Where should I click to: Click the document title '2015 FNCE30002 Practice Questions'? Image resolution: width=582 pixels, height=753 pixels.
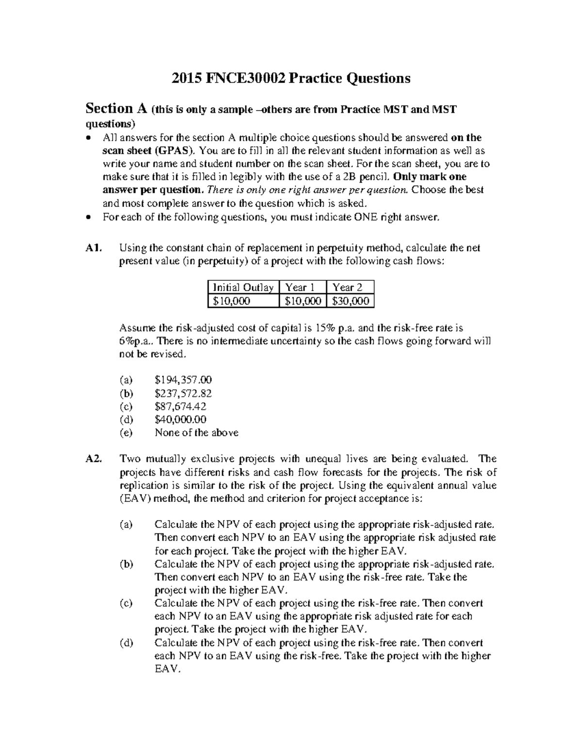(x=291, y=79)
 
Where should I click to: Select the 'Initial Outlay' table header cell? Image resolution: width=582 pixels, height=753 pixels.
(x=243, y=288)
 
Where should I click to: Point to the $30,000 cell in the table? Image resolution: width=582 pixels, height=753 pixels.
(x=351, y=301)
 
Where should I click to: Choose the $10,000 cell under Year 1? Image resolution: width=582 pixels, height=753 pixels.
(x=303, y=301)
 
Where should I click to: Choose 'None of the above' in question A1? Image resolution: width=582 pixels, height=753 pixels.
(x=196, y=433)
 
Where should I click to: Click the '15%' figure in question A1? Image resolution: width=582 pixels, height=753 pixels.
(x=321, y=328)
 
